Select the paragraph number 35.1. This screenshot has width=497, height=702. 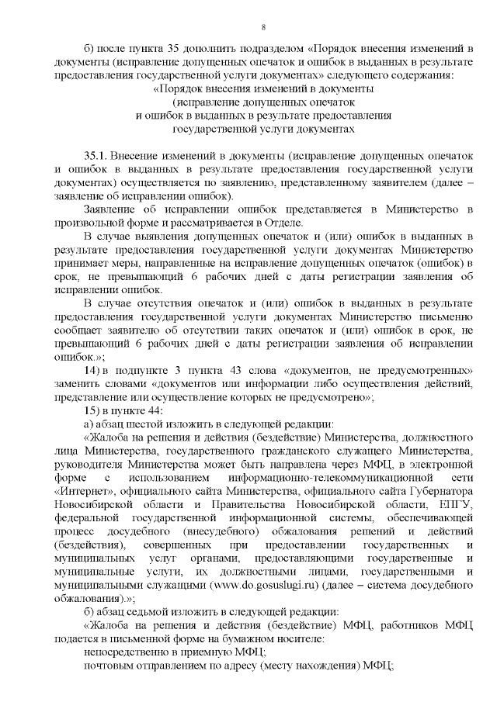coord(96,156)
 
